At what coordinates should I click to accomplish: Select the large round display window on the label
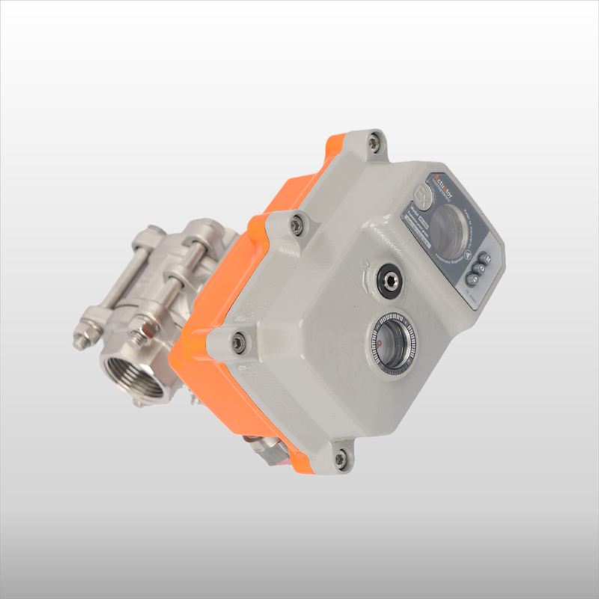[x=451, y=225]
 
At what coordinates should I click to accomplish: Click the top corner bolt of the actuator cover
[x=374, y=142]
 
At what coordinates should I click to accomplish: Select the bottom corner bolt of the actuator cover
[x=341, y=457]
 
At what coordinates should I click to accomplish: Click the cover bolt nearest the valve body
[x=239, y=341]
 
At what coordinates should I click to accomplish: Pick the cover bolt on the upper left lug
[x=297, y=222]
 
